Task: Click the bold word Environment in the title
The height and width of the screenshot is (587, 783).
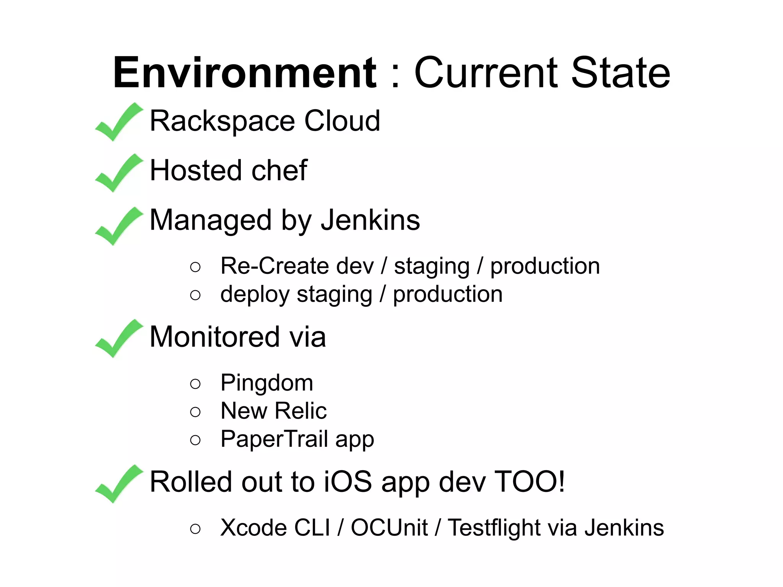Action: click(245, 73)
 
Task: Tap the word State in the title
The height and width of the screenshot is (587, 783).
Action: click(620, 73)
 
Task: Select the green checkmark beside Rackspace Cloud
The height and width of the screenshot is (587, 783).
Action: click(119, 122)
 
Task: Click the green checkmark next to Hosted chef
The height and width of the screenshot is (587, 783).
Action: click(119, 173)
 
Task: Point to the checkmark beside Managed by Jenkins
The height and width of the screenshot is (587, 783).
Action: click(119, 226)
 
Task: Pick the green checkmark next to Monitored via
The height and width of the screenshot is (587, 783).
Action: click(119, 338)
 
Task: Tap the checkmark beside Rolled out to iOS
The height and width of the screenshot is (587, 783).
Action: click(119, 484)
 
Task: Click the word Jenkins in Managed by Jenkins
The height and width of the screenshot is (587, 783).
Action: click(370, 220)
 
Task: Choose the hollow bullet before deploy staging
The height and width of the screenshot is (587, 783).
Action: click(195, 295)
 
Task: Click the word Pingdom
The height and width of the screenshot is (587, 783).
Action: click(267, 383)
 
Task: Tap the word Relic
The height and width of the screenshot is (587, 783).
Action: click(301, 411)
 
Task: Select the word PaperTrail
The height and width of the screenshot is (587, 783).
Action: click(274, 439)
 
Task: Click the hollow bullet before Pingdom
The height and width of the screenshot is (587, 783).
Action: click(195, 383)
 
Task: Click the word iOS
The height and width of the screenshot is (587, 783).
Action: click(348, 482)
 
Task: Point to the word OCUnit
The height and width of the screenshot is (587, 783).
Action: click(389, 528)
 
